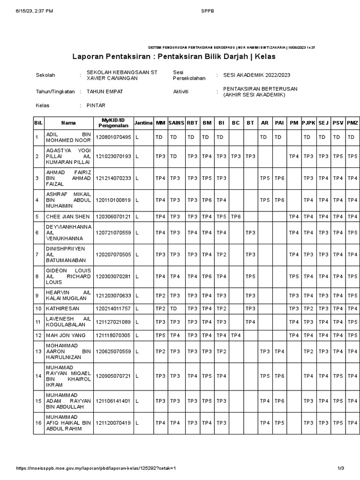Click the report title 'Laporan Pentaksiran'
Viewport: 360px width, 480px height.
(173, 57)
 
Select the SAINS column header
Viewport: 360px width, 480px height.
(176, 123)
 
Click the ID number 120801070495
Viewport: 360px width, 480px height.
(113, 137)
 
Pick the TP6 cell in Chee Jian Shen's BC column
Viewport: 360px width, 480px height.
(236, 217)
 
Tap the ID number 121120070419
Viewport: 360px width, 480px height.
(113, 423)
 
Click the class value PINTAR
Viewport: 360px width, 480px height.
(96, 105)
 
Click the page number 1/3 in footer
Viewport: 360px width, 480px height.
(341, 468)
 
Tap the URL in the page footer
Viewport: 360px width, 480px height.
(97, 468)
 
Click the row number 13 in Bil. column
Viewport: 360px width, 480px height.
(38, 352)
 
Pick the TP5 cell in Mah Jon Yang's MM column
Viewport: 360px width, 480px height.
(160, 335)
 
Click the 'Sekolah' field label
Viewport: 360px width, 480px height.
(45, 75)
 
